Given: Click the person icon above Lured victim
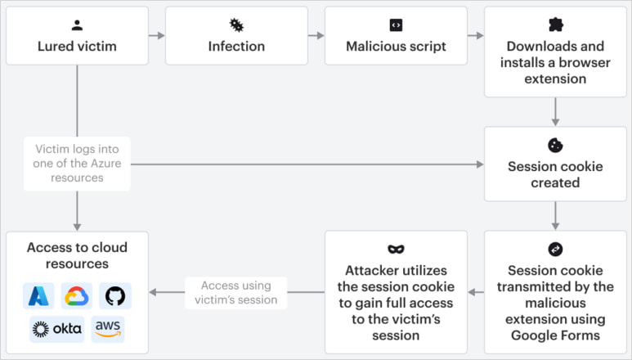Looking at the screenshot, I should [x=77, y=25].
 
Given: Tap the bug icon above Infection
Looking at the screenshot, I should [x=236, y=25].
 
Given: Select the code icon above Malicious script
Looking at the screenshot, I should [x=396, y=25].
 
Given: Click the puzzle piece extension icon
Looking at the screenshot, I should [x=555, y=25].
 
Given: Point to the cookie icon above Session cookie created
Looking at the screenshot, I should [x=555, y=145].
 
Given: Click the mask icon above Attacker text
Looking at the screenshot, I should [x=396, y=249].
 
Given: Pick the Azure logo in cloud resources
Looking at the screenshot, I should [x=38, y=295].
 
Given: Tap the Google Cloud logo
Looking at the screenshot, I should [x=77, y=295].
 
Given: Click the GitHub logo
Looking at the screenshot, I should [x=115, y=295].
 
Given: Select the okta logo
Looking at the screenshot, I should [x=56, y=329].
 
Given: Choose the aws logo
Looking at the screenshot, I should [x=108, y=329].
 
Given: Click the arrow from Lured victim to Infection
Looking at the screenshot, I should [x=157, y=36].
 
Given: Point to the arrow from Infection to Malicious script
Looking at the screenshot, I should [x=316, y=36].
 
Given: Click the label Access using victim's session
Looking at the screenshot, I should [x=236, y=292].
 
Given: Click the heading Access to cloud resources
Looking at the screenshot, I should [x=77, y=255].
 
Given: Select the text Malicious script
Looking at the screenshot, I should [x=396, y=47].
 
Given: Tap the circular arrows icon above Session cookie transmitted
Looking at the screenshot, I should [x=555, y=249].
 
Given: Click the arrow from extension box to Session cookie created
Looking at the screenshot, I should [x=555, y=111].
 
